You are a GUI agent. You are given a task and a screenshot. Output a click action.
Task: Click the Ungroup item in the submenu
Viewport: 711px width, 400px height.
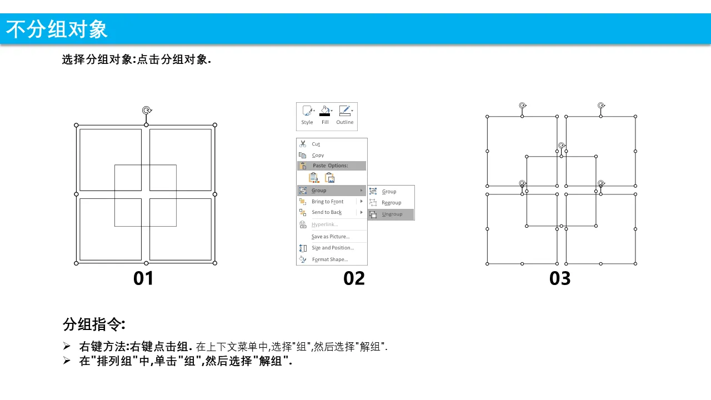[x=392, y=214]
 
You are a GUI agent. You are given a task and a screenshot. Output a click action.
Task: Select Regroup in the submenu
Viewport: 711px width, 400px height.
[x=391, y=203]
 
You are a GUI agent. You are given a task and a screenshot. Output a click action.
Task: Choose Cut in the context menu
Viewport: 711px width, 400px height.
[x=316, y=144]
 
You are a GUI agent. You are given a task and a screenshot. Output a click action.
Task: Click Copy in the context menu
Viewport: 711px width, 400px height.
[x=318, y=155]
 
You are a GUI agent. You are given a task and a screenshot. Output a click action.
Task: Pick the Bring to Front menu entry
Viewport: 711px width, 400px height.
[x=327, y=202]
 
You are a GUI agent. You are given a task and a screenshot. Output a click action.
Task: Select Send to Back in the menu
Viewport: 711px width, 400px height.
[x=327, y=212]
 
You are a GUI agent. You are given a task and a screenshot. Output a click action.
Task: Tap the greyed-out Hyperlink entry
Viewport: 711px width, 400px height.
[x=325, y=224]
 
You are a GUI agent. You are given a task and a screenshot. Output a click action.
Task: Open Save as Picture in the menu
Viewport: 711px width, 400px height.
[x=331, y=237]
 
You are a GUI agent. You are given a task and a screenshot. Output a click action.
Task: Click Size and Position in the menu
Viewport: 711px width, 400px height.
[x=333, y=248]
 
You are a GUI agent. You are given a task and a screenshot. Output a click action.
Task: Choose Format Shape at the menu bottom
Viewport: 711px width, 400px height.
[x=330, y=259]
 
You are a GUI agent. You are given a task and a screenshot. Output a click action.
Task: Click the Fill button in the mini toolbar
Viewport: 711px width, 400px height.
[x=325, y=115]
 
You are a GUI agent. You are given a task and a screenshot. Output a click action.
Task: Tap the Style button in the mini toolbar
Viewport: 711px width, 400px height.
[x=307, y=115]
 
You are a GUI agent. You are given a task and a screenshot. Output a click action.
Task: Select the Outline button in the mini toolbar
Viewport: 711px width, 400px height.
[x=345, y=115]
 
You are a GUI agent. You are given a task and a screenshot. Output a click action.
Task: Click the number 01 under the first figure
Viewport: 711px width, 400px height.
[x=143, y=278]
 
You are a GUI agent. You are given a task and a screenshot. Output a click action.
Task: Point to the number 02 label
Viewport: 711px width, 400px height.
[x=354, y=278]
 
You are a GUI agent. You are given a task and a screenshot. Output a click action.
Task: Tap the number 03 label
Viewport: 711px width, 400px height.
[x=560, y=278]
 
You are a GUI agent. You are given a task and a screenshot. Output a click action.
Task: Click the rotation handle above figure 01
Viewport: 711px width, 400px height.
[x=147, y=110]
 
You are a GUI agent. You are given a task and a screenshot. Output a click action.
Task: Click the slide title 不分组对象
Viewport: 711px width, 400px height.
[x=57, y=29]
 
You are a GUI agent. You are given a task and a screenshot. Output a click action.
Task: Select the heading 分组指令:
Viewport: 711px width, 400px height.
[x=94, y=324]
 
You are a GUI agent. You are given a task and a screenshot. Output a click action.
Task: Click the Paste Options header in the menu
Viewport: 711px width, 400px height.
[x=330, y=166]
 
